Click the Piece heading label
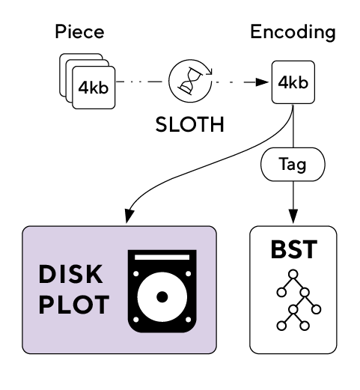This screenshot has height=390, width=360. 79,31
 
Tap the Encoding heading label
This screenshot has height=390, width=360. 293,32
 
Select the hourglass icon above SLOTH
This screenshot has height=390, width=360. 190,81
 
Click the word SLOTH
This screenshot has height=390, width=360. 190,124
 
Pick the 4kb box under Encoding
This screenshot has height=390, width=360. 293,82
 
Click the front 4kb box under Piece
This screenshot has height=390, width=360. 94,88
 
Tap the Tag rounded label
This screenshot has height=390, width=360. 293,164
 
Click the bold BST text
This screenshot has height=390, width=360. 294,249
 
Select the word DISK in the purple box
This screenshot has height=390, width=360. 70,274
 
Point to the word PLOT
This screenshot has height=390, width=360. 74,305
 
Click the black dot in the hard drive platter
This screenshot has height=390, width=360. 162,296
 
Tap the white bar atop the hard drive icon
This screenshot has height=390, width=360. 162,257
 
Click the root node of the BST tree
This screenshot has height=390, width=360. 293,274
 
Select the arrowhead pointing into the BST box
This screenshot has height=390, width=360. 293,216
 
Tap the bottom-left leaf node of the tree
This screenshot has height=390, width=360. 281,326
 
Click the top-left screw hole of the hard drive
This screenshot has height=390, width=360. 136,274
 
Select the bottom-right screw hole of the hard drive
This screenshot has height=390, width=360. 189,320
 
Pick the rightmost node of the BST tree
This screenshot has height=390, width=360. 316,309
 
